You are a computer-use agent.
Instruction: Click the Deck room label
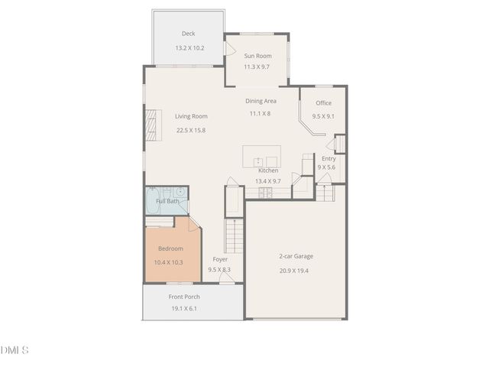point(188,33)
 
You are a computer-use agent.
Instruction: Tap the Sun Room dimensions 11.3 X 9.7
point(257,67)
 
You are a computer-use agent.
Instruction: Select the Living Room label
point(191,116)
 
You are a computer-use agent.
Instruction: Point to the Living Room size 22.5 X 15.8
point(191,130)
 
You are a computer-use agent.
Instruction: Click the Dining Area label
point(261,101)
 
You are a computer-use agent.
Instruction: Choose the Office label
point(323,102)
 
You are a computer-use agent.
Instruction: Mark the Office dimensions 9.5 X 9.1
point(323,116)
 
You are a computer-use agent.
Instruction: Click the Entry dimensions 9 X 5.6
point(327,167)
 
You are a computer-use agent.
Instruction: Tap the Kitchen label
point(268,171)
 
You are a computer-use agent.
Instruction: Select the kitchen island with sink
point(261,156)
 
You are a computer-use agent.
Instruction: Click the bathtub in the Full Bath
point(152,200)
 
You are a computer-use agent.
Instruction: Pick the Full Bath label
point(167,201)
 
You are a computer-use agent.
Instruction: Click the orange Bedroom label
point(170,248)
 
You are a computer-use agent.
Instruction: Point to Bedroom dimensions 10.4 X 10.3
point(168,262)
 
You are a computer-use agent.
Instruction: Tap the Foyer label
point(220,259)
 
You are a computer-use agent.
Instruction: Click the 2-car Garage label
point(296,256)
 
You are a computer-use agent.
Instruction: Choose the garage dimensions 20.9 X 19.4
point(294,271)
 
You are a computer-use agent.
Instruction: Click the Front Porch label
point(184,297)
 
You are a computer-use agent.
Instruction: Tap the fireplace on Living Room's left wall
point(152,125)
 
